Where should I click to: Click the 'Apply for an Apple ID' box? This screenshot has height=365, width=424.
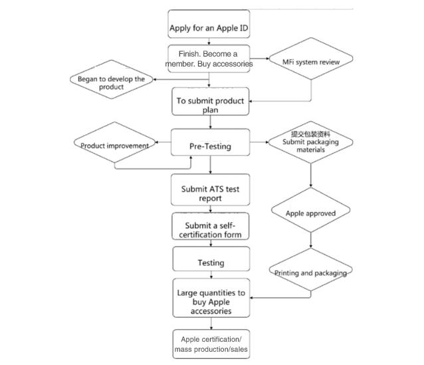pos(209,24)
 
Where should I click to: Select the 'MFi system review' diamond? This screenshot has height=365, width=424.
pos(311,59)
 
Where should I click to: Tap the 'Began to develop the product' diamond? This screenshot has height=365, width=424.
pos(112,79)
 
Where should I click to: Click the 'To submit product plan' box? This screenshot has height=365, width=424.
pos(211,101)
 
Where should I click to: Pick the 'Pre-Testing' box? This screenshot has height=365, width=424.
pos(211,142)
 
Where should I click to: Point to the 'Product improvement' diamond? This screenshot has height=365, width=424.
pos(115,142)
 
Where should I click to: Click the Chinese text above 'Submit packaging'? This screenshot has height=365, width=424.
pos(310,134)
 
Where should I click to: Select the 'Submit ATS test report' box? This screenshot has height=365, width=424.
pos(211,189)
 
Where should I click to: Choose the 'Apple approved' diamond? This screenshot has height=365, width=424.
pos(311,210)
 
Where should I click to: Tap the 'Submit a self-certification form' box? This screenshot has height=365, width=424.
pos(211,226)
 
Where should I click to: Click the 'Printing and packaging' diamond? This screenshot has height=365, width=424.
pos(311,269)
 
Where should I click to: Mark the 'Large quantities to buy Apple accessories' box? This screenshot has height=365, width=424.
pos(211,298)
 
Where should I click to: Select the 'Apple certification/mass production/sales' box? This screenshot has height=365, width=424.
pos(211,344)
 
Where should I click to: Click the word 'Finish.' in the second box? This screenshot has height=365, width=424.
pos(189,54)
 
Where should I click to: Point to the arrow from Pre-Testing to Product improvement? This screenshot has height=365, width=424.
pos(163,142)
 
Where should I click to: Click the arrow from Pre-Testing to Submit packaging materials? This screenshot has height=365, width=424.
pos(259,142)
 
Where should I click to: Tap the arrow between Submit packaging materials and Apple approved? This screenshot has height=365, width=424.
pos(311,176)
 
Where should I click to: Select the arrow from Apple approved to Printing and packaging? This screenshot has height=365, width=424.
pos(311,240)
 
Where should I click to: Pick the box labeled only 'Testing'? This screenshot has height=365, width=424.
pos(211,259)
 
